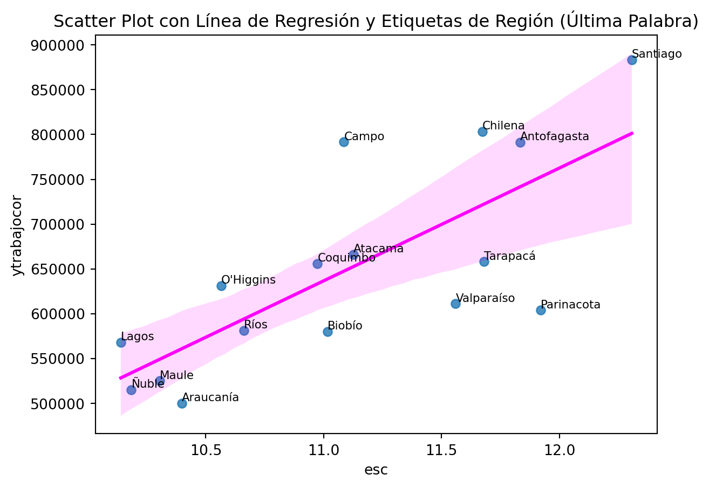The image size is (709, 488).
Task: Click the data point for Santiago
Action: click(x=632, y=60)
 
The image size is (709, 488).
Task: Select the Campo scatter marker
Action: click(x=344, y=142)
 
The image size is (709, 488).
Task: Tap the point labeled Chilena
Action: click(x=482, y=132)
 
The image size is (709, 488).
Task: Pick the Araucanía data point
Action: click(x=182, y=403)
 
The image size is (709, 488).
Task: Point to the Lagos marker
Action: click(x=121, y=342)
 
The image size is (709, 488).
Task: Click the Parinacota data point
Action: click(x=541, y=310)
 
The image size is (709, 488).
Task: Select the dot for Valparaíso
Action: click(x=455, y=304)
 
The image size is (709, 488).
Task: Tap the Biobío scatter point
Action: click(x=328, y=332)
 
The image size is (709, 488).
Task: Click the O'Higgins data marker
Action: click(x=221, y=286)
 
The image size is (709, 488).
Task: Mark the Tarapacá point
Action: click(x=484, y=262)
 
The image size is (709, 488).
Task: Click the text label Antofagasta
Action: click(x=555, y=137)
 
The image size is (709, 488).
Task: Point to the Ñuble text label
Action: click(x=148, y=384)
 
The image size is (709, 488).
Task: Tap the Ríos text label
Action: click(x=256, y=325)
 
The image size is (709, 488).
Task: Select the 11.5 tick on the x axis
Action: click(x=441, y=451)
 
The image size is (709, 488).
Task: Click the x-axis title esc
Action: click(x=376, y=470)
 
